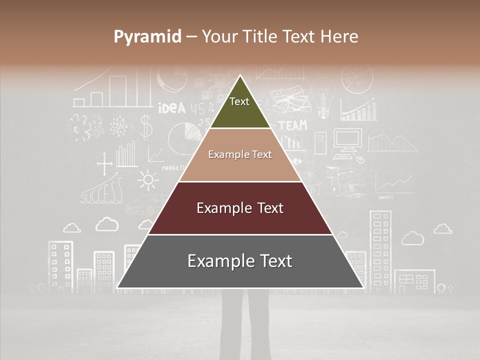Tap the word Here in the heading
click(x=339, y=36)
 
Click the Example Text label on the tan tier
click(x=240, y=154)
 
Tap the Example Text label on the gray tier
click(x=240, y=261)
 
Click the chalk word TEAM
click(x=292, y=125)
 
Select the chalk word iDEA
click(x=171, y=108)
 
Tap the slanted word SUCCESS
click(x=102, y=192)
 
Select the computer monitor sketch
click(x=347, y=140)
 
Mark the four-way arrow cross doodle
click(x=104, y=164)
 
